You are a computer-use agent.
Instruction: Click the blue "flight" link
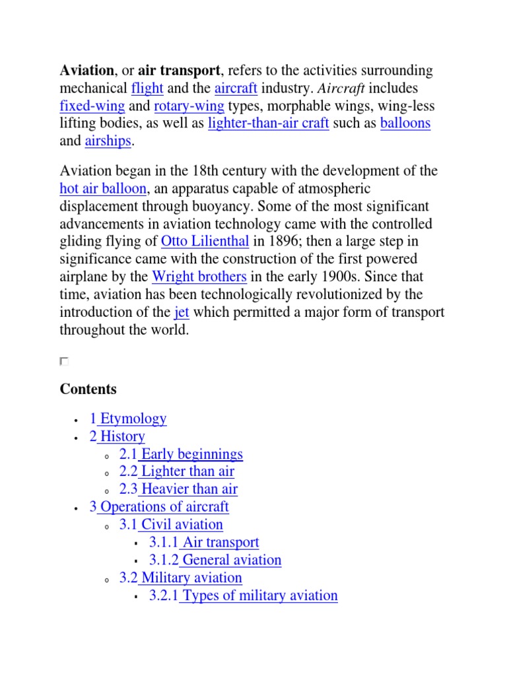pos(147,88)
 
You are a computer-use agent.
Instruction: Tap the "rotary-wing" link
pos(189,106)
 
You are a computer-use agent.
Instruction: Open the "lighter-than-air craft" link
pos(268,123)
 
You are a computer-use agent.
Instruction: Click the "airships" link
pos(108,141)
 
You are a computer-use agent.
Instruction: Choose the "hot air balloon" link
pos(103,189)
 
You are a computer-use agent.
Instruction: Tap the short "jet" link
pos(182,312)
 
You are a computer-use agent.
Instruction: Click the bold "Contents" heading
pos(88,389)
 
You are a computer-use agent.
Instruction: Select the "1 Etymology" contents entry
pos(128,419)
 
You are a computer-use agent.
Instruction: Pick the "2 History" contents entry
pos(117,436)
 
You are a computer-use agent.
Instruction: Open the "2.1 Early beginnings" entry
pos(181,454)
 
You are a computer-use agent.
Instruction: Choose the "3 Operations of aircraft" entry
pos(159,507)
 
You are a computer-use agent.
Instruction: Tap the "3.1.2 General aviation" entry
pos(215,560)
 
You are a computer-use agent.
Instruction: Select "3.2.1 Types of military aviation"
pos(243,595)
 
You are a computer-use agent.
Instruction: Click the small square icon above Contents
pos(64,361)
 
